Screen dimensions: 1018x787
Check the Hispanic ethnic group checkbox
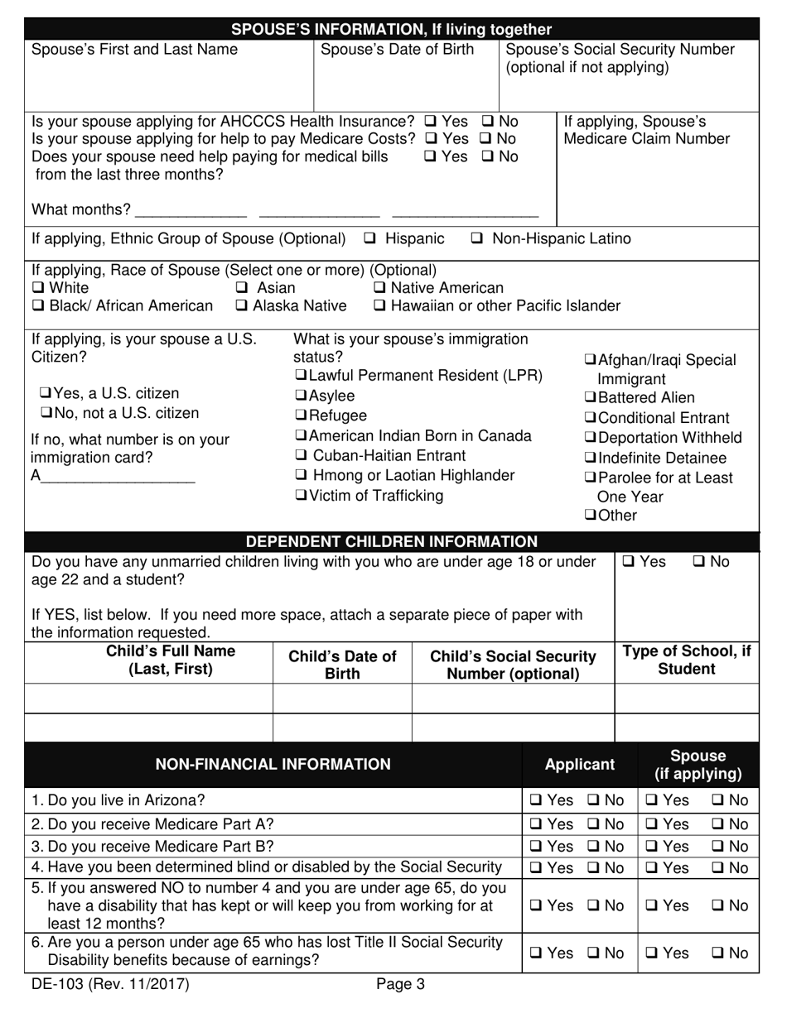(369, 239)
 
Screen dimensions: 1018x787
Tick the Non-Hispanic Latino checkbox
(477, 239)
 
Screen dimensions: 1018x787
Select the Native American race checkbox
(379, 288)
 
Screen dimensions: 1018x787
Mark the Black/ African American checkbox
(38, 306)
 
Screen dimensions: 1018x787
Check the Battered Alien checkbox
(590, 398)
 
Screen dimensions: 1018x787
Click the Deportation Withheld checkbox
(590, 438)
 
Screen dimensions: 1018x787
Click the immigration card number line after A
(116, 477)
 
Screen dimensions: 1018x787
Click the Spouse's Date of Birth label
(397, 50)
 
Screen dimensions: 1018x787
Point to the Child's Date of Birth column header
(342, 665)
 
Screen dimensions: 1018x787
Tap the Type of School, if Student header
(686, 660)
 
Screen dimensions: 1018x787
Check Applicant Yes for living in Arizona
(537, 800)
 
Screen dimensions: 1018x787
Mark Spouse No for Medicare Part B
(717, 847)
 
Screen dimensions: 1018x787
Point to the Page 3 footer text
(400, 985)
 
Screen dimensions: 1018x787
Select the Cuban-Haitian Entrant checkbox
(302, 456)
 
